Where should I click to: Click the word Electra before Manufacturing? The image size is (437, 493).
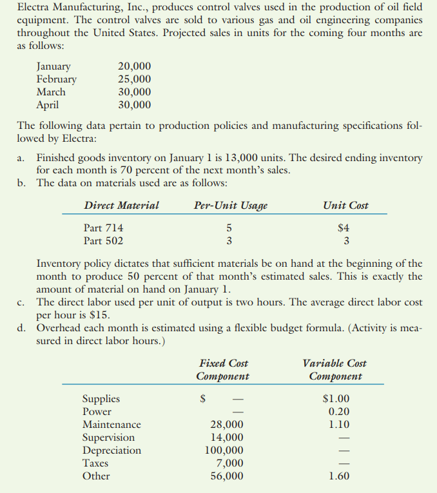point(34,7)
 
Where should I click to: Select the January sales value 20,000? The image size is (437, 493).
point(135,66)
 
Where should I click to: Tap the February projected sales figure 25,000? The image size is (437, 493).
point(135,79)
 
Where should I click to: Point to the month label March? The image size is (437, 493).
point(51,92)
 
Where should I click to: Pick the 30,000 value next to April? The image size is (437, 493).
point(135,105)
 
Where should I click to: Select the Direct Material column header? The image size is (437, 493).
point(121,206)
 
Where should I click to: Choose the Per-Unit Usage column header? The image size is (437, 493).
point(230,206)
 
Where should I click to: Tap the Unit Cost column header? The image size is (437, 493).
point(346,206)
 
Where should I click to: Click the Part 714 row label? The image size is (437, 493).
point(104,228)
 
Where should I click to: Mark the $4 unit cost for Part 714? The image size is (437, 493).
point(345,228)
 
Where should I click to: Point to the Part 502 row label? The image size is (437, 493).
point(104,241)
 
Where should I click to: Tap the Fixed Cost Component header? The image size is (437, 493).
point(223,370)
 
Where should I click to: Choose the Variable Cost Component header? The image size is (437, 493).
point(335,370)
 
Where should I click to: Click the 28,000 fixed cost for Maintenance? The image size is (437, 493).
point(228,425)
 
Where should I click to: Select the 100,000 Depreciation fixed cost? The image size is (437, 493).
point(224,450)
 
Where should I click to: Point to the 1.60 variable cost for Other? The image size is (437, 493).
point(338,476)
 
